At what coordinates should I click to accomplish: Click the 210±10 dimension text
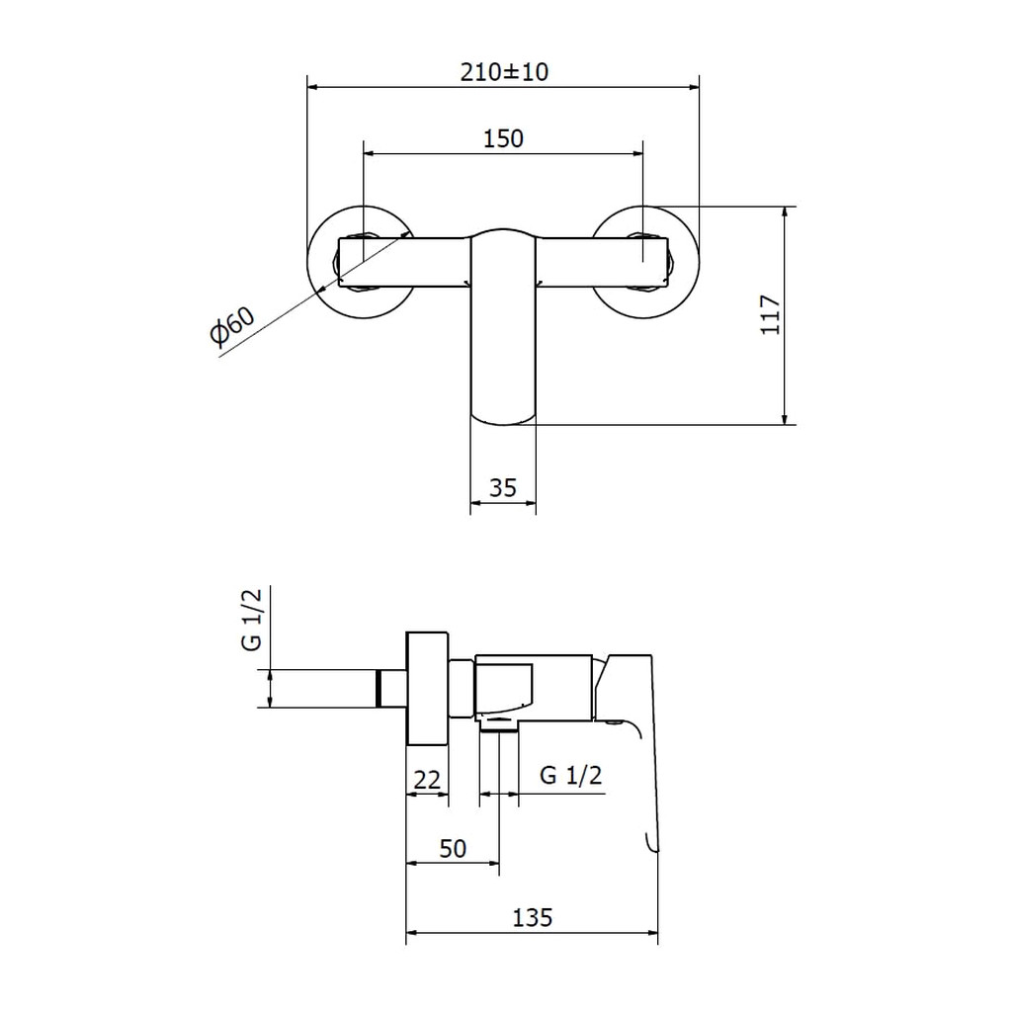(504, 71)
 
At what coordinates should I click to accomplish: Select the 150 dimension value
(503, 138)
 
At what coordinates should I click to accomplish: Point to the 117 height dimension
(771, 315)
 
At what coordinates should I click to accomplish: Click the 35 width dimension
(503, 488)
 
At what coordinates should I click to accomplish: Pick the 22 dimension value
(427, 781)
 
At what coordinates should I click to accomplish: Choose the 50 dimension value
(453, 849)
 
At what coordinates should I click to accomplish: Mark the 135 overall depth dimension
(533, 917)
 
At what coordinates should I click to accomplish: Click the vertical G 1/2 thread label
(252, 620)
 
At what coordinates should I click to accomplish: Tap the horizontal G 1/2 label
(570, 775)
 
